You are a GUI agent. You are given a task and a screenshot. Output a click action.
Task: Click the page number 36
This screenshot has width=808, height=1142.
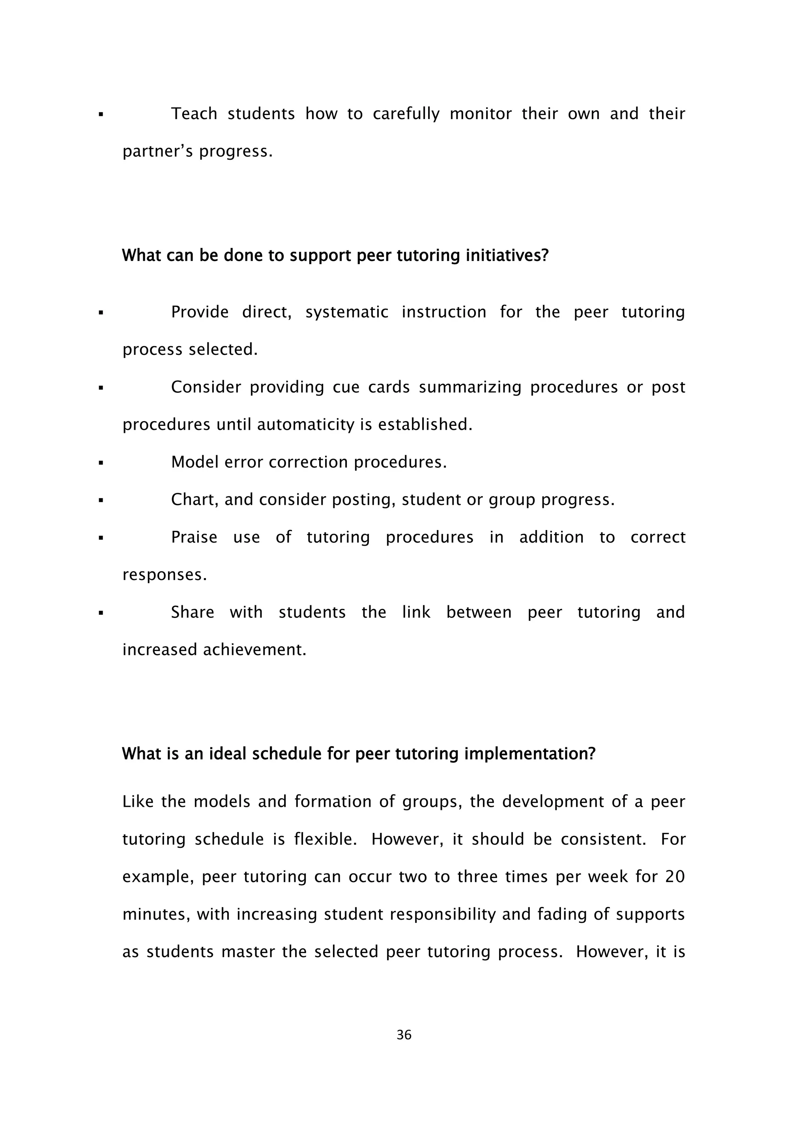[404, 1035]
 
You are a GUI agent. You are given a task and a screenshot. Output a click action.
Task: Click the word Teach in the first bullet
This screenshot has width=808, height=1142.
[194, 114]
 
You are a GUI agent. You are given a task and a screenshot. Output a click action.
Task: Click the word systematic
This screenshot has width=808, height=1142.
[347, 312]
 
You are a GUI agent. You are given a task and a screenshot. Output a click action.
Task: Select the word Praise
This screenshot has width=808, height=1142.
[194, 537]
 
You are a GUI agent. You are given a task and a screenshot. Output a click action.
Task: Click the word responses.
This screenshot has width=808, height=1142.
[164, 575]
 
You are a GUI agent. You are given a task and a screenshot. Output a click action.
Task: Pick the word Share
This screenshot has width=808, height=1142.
[193, 612]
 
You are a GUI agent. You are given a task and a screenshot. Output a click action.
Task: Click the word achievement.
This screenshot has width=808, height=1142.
[255, 649]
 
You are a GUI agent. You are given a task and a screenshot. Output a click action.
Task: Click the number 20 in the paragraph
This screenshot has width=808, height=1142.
[675, 876]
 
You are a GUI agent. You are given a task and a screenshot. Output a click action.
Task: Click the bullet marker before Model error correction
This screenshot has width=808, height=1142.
[101, 463]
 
